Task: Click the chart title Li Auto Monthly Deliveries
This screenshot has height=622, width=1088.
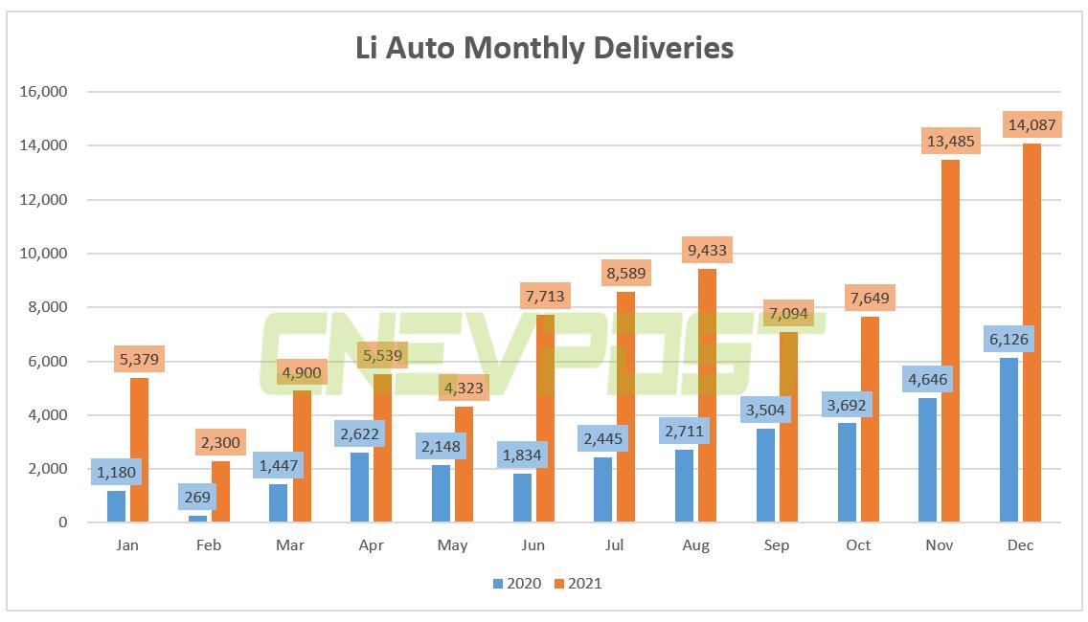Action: click(544, 48)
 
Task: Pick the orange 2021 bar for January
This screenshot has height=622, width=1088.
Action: click(139, 450)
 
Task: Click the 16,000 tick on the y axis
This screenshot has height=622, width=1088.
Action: click(42, 92)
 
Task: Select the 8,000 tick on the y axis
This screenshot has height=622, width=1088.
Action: click(46, 307)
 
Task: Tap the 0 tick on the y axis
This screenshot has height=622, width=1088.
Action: click(62, 522)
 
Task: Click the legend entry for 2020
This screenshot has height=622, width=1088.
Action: click(517, 583)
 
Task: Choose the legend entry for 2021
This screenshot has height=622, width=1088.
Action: click(578, 583)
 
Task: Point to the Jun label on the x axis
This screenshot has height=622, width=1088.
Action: click(533, 545)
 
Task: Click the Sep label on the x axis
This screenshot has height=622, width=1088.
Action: click(777, 545)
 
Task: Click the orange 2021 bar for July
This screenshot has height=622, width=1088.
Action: click(626, 411)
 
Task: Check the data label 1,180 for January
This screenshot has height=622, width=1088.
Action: click(116, 474)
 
